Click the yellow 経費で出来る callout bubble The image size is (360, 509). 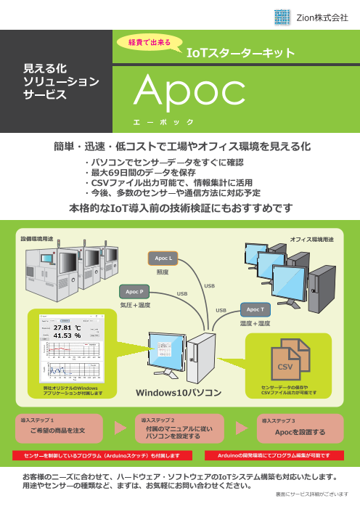pyautogui.click(x=149, y=42)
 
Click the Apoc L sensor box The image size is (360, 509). pyautogui.click(x=163, y=258)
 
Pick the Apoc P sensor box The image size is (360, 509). pyautogui.click(x=133, y=291)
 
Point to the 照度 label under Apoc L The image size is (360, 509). pyautogui.click(x=163, y=272)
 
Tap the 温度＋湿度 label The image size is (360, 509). pyautogui.click(x=254, y=323)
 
